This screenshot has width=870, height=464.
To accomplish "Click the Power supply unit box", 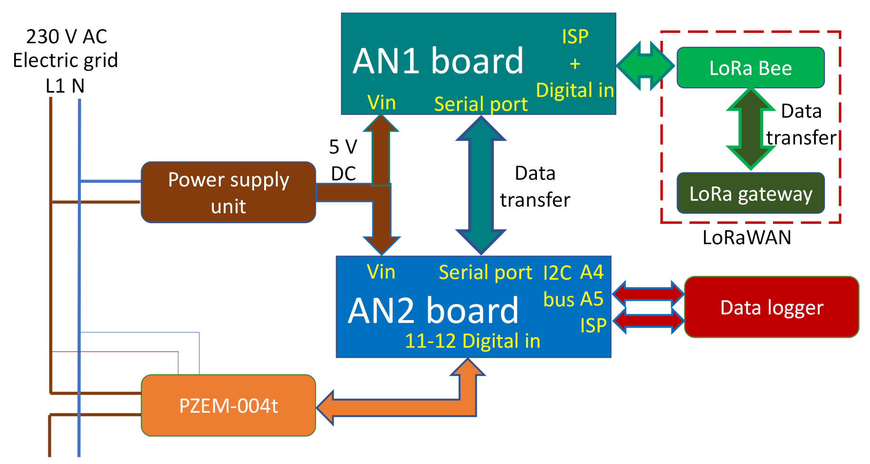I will tap(228, 192).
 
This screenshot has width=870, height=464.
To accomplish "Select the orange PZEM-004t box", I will tap(228, 406).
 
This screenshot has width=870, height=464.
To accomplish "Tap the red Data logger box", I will tap(771, 307).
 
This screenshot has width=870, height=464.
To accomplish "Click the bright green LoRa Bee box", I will tap(750, 68).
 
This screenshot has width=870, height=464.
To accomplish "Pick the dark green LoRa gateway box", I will tap(750, 193).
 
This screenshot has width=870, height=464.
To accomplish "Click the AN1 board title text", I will tap(438, 62).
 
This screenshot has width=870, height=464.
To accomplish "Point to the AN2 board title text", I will tap(433, 311).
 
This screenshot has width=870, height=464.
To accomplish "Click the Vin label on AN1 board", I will tap(382, 103).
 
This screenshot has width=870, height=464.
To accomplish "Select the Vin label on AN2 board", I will tap(381, 272).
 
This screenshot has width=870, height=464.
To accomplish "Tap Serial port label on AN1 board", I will tap(480, 104).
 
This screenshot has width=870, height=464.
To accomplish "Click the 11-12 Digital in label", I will tap(472, 341).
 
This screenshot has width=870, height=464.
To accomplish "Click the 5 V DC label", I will tap(343, 160).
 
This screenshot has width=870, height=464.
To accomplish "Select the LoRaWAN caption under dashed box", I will tap(746, 237).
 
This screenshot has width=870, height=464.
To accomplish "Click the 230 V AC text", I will tap(67, 37).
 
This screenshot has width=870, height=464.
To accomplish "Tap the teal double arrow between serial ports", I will tap(481, 185).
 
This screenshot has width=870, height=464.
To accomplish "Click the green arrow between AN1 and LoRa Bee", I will tap(645, 66).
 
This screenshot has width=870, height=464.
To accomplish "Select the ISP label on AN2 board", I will tap(593, 326).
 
